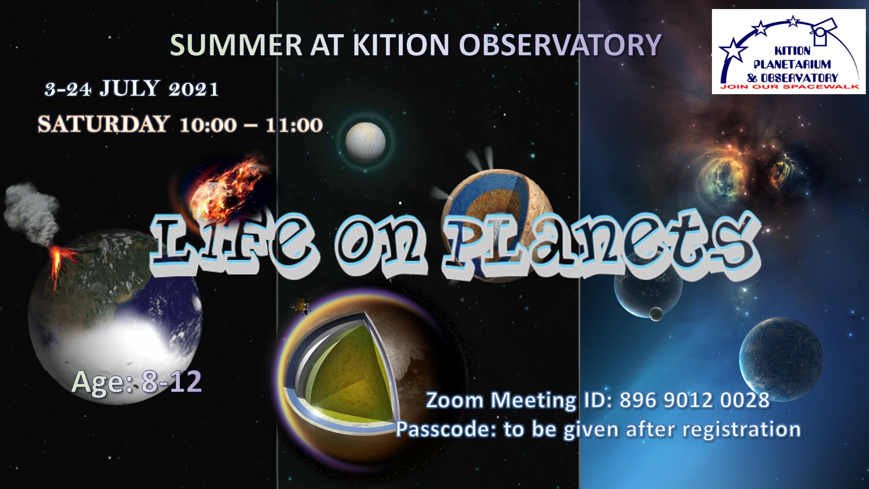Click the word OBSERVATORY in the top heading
click(560, 45)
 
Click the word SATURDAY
click(104, 124)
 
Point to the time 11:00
click(294, 125)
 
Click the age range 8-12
click(172, 382)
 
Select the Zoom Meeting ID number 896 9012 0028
click(695, 400)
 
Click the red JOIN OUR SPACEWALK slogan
click(789, 86)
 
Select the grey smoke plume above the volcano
click(32, 213)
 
